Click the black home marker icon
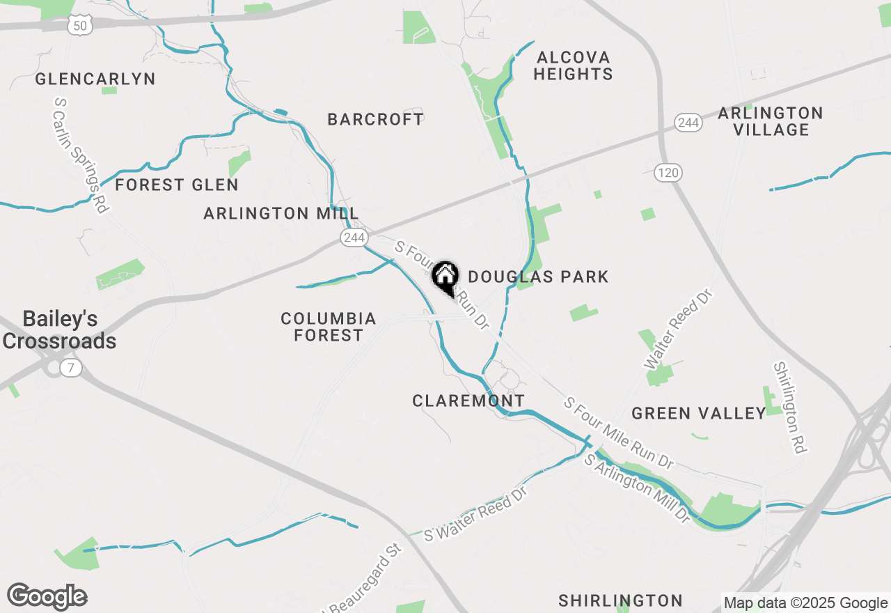445,277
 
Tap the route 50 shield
80,26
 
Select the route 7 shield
70,367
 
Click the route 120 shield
668,173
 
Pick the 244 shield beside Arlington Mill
354,238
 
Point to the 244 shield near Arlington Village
688,123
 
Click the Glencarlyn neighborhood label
95,79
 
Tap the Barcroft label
375,119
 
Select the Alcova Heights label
574,65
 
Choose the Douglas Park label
538,277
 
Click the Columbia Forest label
329,327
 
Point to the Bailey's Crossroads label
60,330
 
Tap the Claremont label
468,401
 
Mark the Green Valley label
699,414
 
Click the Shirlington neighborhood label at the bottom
620,600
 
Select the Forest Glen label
177,185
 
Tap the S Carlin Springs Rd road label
82,155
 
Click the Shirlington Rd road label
789,408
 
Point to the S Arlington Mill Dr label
636,489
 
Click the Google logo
47,597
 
